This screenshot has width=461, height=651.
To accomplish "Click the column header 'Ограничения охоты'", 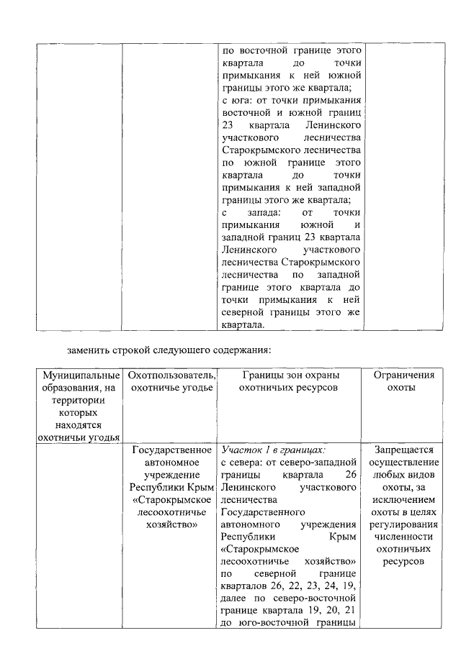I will point(404,381).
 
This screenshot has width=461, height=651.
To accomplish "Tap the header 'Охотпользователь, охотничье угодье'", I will point(169,381).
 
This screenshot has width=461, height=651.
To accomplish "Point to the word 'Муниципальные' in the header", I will point(81,375).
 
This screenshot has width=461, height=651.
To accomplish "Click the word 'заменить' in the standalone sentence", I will point(89,350).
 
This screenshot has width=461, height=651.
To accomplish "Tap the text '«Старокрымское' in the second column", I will point(169,499).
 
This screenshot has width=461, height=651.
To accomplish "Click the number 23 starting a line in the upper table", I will point(229,126).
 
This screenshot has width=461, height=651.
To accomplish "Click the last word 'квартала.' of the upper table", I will point(243,324).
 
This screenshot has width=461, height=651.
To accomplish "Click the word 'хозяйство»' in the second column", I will point(169,525).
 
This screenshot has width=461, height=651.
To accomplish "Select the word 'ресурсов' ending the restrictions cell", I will point(404,561).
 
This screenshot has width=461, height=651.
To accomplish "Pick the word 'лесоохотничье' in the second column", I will point(169,512).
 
